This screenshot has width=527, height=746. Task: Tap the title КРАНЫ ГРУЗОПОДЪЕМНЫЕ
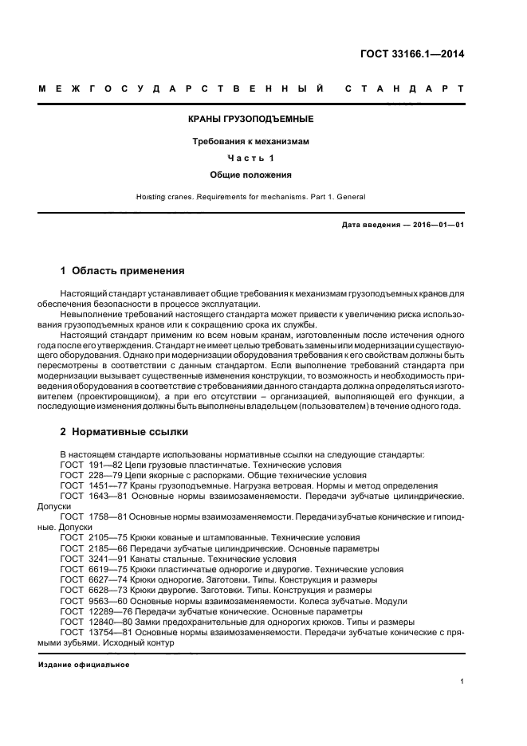[250, 120]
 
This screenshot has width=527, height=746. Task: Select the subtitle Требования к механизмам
[250, 141]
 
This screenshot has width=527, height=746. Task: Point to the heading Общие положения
[250, 174]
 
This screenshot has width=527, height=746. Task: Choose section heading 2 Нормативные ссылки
[124, 432]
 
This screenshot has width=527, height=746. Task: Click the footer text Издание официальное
[83, 664]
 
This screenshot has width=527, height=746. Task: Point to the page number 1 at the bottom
[462, 681]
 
